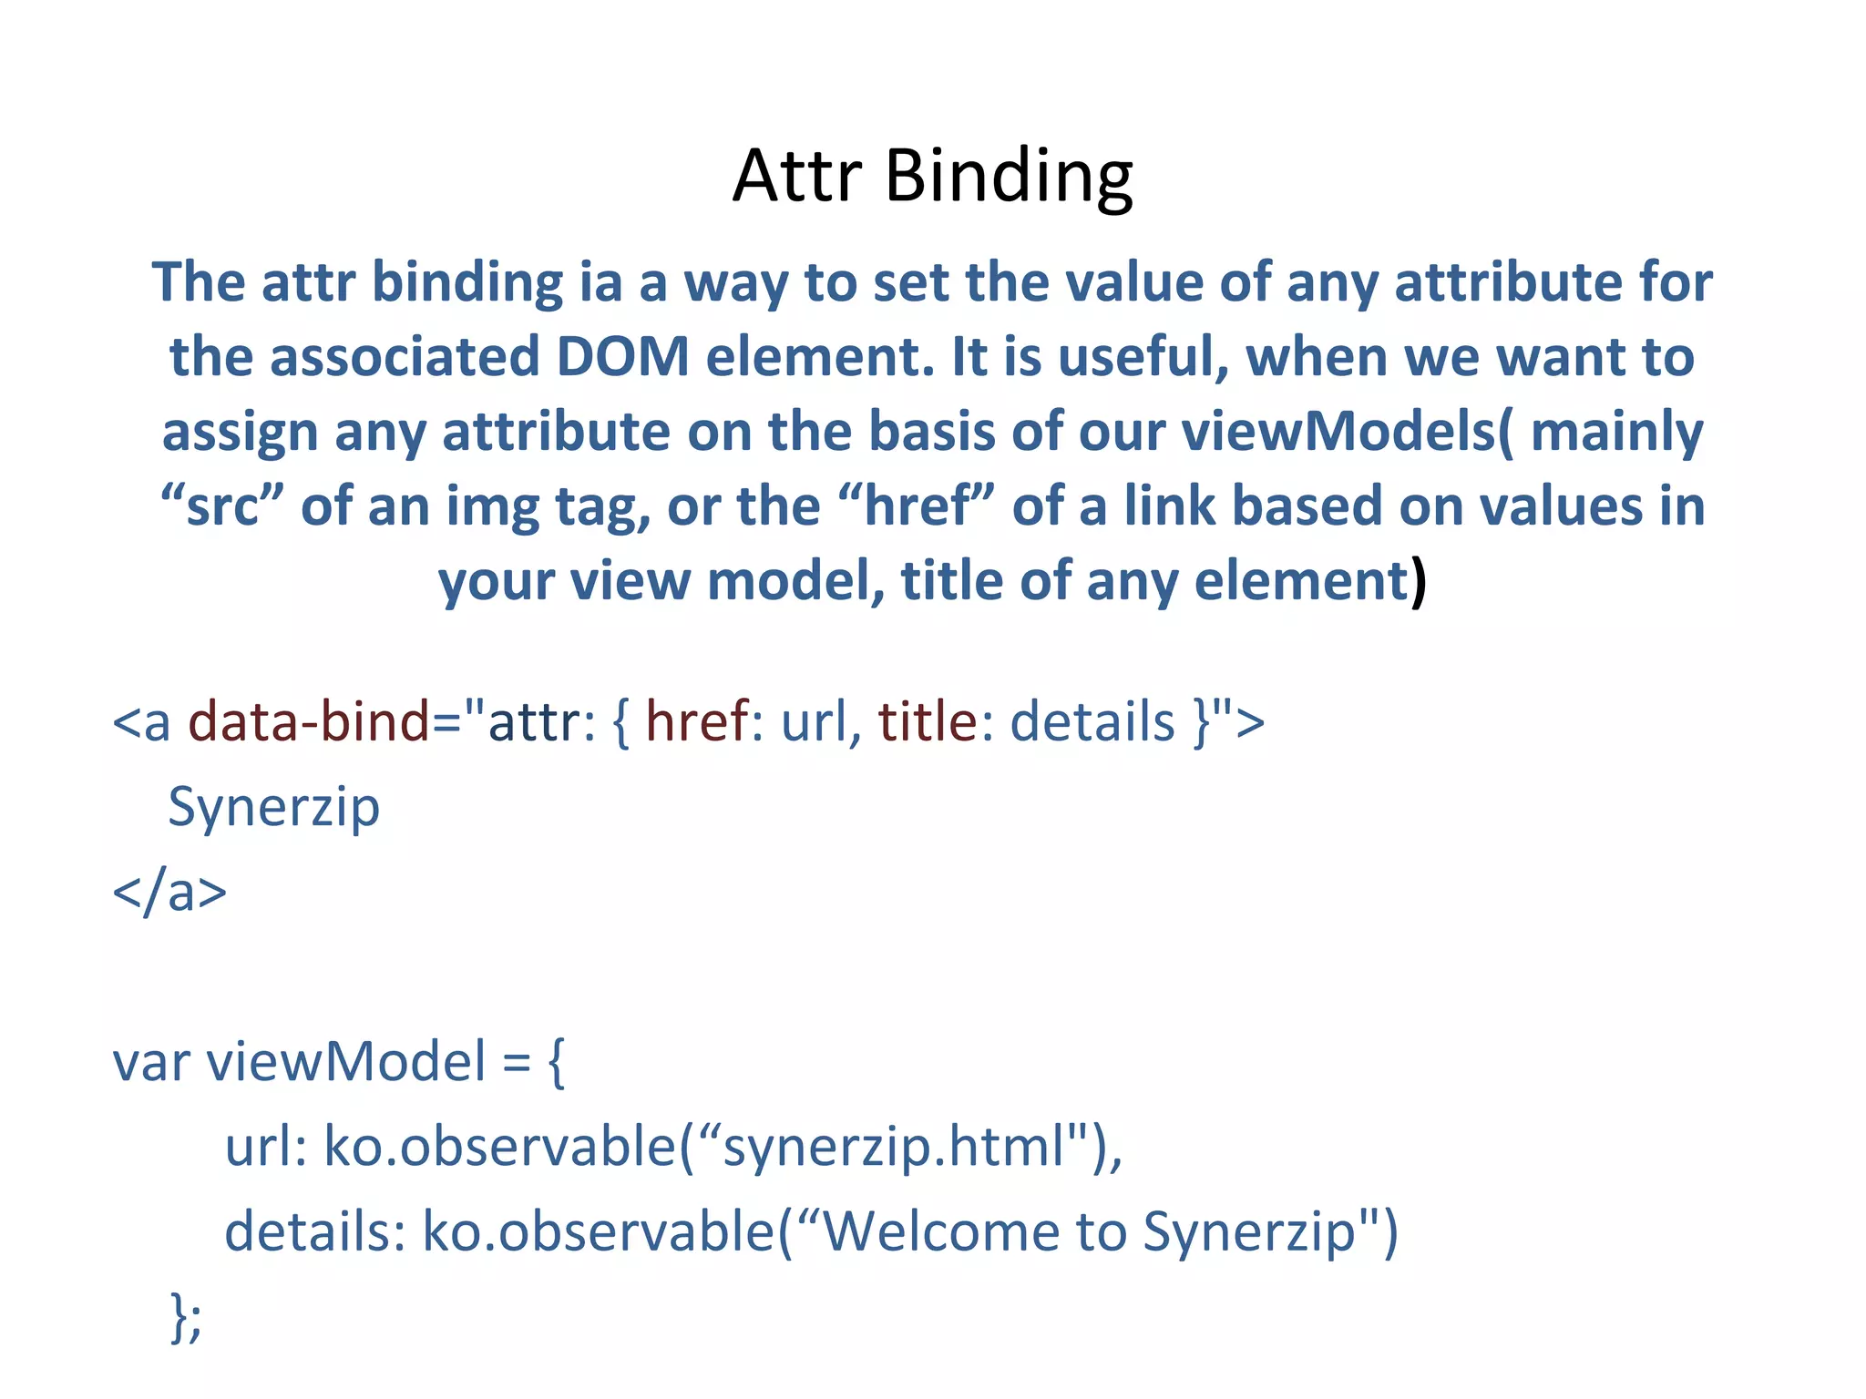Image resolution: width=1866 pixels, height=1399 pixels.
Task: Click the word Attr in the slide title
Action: pos(797,175)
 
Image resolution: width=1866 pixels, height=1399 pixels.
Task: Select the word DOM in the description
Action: pos(622,356)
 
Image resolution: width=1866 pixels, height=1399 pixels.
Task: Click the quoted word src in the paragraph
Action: pos(222,506)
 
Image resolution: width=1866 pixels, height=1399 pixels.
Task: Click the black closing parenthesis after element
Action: pos(1418,581)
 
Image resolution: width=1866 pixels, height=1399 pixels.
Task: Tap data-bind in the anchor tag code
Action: pos(308,721)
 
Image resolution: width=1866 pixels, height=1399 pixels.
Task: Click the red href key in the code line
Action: pos(696,721)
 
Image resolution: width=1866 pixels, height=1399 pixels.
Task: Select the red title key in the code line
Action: pos(927,721)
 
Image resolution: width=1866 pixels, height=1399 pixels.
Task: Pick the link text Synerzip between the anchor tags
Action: pos(273,807)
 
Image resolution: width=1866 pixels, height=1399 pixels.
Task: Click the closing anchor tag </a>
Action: pos(169,892)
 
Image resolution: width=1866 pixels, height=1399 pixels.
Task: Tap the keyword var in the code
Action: pos(150,1062)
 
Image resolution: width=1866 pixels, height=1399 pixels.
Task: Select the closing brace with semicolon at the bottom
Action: pos(186,1317)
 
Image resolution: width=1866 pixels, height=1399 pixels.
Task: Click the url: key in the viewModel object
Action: pos(266,1147)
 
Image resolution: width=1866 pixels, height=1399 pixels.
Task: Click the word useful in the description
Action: pos(1143,356)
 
